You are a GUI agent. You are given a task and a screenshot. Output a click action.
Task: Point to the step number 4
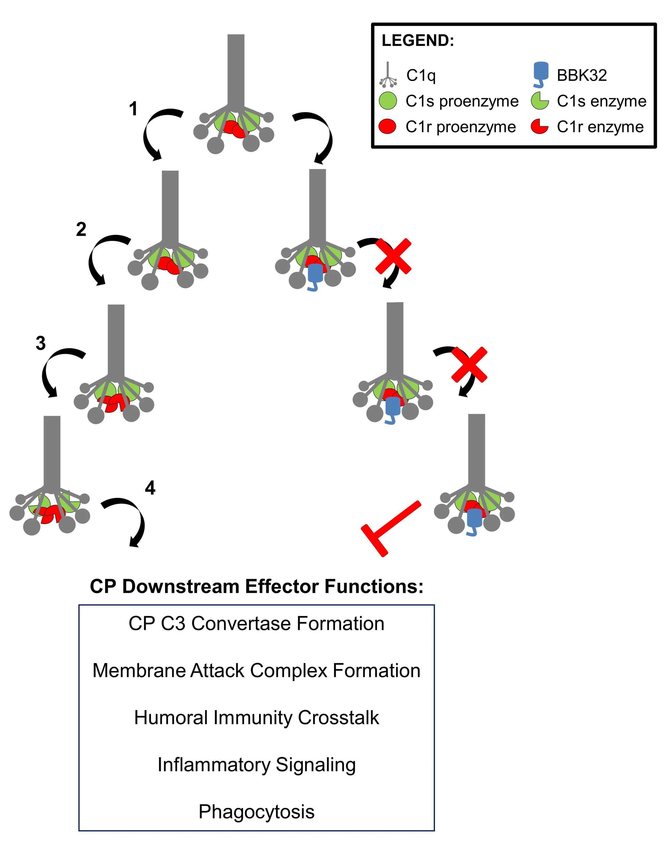click(x=150, y=488)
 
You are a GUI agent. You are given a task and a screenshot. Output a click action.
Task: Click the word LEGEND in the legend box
click(x=418, y=41)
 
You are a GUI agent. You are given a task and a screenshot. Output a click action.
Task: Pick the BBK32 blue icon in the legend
click(x=541, y=74)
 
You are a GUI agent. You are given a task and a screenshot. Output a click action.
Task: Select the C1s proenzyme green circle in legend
click(x=388, y=101)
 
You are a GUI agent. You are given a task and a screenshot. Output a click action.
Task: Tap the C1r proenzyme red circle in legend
click(x=388, y=127)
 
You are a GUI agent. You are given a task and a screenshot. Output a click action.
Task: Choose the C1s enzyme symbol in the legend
click(x=540, y=101)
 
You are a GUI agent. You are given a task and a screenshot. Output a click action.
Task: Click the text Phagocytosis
click(x=257, y=812)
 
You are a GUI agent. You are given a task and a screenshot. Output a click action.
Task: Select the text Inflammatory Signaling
click(x=257, y=765)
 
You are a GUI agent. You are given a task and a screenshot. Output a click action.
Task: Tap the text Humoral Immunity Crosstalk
click(x=257, y=718)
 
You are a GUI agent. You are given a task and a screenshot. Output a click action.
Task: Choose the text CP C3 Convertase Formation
click(x=257, y=623)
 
